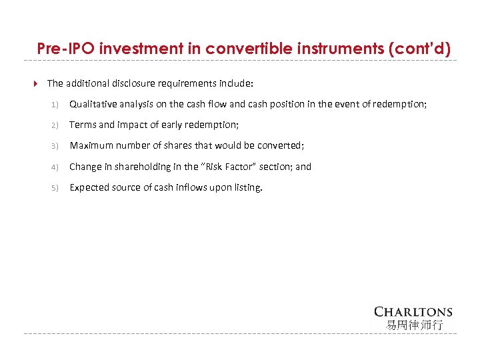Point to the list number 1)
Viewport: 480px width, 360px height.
coord(55,104)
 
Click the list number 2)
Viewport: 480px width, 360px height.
coord(55,125)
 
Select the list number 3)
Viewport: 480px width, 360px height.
coord(55,146)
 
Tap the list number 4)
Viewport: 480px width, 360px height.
coord(55,167)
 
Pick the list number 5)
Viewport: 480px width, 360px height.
coord(55,188)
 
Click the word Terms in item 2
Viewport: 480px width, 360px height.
coord(83,125)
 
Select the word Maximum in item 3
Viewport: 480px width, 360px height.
coord(91,145)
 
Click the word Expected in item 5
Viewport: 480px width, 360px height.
coord(89,187)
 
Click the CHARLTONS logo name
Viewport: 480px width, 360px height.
coord(413,312)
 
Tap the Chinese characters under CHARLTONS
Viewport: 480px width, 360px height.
coord(414,325)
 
